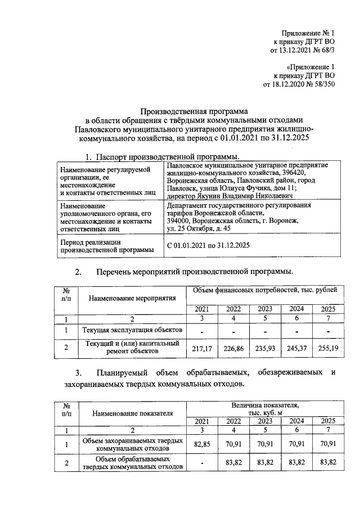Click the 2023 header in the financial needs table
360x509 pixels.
click(x=264, y=309)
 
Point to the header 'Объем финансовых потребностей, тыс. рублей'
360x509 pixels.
click(x=265, y=290)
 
